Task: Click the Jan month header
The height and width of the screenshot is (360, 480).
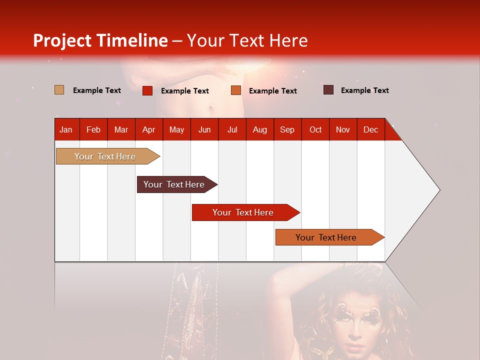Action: (66, 129)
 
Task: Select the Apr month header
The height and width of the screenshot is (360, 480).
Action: (148, 129)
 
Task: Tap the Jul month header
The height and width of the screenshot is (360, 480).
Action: (232, 129)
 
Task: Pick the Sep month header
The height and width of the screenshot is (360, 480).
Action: (287, 129)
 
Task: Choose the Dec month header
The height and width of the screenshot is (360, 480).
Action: (370, 129)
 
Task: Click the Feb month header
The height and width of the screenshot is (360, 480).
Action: (93, 129)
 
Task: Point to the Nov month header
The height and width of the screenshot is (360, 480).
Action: (343, 129)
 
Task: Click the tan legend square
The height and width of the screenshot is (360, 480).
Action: (59, 90)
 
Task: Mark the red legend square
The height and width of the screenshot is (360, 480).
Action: (147, 90)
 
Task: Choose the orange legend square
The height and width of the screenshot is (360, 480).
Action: (236, 90)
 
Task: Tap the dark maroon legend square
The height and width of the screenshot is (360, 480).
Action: (328, 90)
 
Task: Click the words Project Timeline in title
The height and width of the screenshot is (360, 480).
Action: (100, 40)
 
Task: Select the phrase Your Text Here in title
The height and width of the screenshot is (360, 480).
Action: (247, 40)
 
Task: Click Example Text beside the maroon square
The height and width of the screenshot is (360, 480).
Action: (364, 90)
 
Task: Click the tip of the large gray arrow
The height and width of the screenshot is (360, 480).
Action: (438, 190)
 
